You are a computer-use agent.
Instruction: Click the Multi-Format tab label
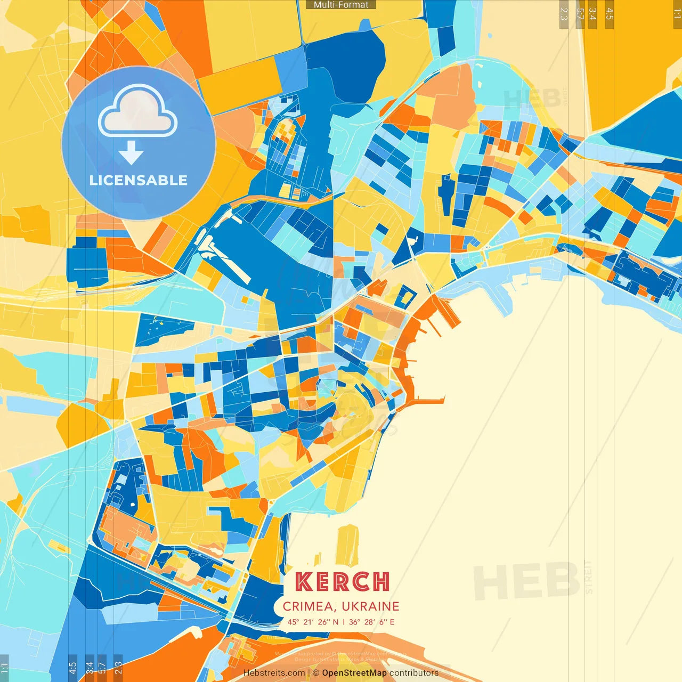click(x=341, y=5)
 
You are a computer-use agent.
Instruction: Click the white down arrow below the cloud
click(x=131, y=152)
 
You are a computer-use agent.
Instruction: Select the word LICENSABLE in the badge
click(x=139, y=180)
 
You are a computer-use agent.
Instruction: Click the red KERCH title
click(x=342, y=582)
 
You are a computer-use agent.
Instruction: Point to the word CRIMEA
click(x=308, y=606)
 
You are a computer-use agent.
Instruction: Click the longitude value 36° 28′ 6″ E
click(x=372, y=622)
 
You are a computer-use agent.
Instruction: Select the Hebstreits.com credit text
click(x=274, y=673)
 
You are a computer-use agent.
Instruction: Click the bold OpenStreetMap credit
click(x=354, y=673)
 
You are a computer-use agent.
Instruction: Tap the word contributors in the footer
click(x=414, y=673)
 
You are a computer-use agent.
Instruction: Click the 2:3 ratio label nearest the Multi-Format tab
click(x=564, y=14)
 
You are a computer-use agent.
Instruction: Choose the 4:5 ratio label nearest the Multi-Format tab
click(x=610, y=14)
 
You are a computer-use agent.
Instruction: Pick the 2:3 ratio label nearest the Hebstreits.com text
click(x=118, y=668)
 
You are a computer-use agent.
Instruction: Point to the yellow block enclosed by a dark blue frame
click(x=406, y=296)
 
